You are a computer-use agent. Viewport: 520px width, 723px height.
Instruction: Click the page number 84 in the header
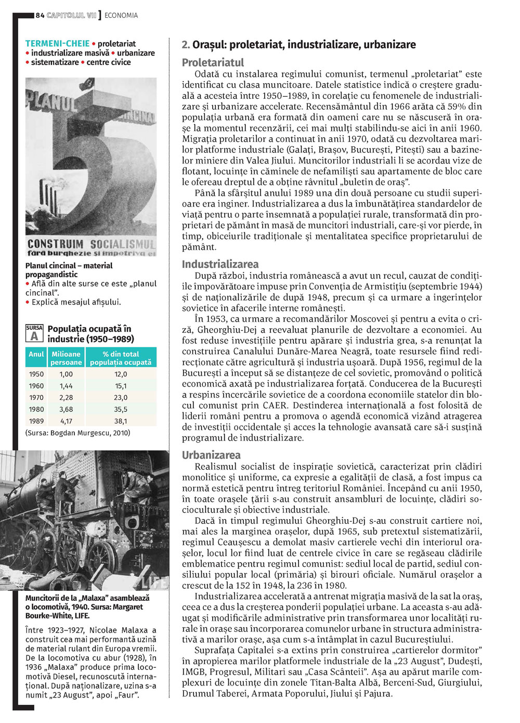[x=40, y=16]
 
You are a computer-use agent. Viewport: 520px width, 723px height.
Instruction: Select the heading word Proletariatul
[x=213, y=62]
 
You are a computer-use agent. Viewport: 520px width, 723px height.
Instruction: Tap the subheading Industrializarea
[x=220, y=264]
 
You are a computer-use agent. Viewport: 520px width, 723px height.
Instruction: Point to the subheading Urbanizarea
[x=211, y=455]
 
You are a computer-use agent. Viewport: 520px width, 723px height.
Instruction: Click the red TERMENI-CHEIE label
[x=57, y=44]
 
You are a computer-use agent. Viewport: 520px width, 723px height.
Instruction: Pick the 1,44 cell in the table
[x=66, y=386]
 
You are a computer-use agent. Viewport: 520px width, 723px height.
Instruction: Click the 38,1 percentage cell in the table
[x=121, y=421]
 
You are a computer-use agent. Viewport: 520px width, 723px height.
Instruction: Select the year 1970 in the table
[x=36, y=398]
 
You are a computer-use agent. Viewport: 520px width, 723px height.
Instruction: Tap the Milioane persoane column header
[x=66, y=358]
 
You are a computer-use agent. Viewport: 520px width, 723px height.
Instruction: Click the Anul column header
[x=36, y=354]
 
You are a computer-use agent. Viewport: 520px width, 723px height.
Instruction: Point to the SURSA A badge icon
[x=34, y=333]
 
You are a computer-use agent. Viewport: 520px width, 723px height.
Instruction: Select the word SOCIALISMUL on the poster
[x=123, y=244]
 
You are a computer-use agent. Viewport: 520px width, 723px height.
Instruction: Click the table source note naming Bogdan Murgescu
[x=78, y=433]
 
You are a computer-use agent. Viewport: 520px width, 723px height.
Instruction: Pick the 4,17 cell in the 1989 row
[x=66, y=421]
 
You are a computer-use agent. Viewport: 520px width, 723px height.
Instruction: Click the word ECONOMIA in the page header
[x=121, y=16]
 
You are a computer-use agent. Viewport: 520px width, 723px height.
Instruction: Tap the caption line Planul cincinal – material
[x=69, y=265]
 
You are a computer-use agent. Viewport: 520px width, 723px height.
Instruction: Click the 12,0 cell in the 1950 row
[x=121, y=374]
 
